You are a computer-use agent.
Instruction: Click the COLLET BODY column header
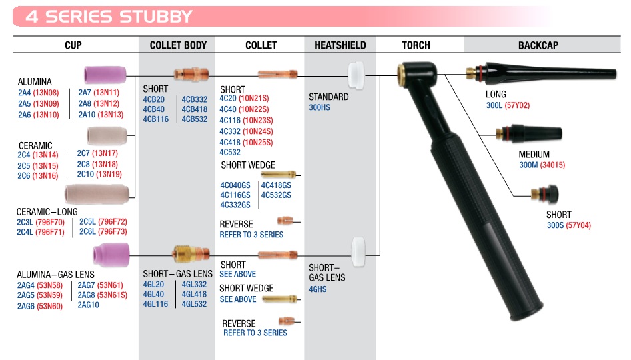(178, 45)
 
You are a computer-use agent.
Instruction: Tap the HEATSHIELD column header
(340, 45)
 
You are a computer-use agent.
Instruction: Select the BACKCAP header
(538, 45)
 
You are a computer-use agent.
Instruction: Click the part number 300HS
(319, 107)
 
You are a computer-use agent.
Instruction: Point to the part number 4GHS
(318, 289)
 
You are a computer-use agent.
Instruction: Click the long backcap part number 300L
(494, 105)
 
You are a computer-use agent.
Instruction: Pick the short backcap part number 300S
(555, 225)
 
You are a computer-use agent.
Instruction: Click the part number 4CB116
(155, 119)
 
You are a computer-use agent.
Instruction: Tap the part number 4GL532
(194, 304)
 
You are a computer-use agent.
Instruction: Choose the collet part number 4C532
(230, 152)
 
